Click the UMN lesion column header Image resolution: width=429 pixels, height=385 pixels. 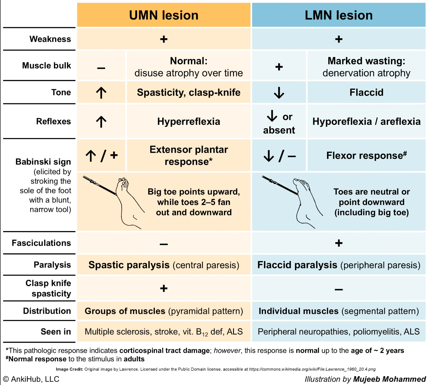tap(164, 15)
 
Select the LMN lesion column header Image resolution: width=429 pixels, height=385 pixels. tap(339, 15)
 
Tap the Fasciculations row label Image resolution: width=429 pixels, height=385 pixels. tap(41, 243)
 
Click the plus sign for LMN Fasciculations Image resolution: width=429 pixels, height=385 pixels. tap(339, 243)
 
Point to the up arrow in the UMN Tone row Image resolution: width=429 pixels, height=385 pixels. tap(101, 93)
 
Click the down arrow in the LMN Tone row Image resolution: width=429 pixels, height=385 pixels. tap(279, 93)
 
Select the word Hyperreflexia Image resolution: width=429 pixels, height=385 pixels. tap(189, 122)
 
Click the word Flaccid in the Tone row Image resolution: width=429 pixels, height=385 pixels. tap(366, 93)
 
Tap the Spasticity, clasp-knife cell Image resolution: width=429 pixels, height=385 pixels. tap(189, 93)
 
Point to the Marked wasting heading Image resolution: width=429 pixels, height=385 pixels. tap(366, 61)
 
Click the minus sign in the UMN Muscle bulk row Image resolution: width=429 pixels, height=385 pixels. tap(101, 68)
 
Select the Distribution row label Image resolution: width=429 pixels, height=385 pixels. tap(47, 311)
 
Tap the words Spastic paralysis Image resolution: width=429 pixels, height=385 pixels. tap(129, 265)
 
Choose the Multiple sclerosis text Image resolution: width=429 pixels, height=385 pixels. tap(118, 332)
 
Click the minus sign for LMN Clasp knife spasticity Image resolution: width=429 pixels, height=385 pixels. tap(339, 290)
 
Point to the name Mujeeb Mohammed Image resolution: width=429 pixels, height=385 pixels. tap(389, 379)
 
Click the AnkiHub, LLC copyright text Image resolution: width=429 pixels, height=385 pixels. tap(31, 379)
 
